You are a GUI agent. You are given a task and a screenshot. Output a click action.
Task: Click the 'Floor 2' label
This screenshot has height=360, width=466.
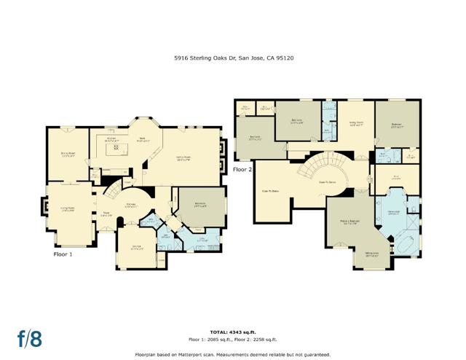[242, 170]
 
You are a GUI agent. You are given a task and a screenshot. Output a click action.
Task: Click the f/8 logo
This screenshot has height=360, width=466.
[29, 338]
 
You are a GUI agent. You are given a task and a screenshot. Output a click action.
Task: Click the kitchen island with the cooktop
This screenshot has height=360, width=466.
[115, 150]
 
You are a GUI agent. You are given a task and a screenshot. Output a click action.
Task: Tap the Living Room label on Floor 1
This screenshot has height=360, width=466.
[68, 208]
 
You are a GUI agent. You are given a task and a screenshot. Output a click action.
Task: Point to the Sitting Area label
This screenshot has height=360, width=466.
[371, 256]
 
